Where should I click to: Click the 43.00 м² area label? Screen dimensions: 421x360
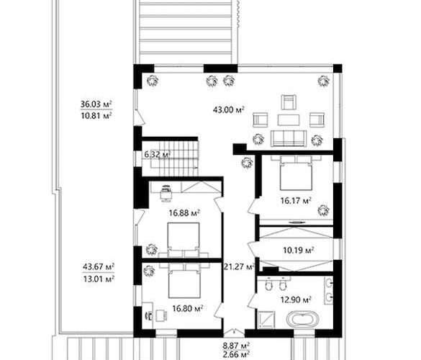point(228,109)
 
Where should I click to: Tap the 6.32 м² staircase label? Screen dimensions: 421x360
point(158,155)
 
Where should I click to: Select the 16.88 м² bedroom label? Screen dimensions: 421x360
point(184,213)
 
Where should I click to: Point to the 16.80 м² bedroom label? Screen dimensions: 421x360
point(187,308)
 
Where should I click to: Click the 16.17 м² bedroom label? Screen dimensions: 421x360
point(296,200)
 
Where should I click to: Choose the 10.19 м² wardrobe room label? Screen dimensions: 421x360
point(299,251)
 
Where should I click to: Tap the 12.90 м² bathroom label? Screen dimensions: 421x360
point(296,300)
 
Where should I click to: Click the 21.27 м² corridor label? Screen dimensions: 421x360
point(239,266)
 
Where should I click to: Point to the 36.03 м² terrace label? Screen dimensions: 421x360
point(96,104)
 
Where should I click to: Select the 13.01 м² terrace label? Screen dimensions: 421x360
point(99,279)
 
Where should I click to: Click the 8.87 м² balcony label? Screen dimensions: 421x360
point(236,345)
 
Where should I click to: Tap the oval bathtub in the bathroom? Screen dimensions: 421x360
point(302,319)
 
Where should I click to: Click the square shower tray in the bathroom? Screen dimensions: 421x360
point(266,320)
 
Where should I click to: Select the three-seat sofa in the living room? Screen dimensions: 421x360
point(289,138)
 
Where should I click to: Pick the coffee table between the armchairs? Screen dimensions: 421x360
point(289,120)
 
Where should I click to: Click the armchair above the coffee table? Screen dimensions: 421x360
point(289,102)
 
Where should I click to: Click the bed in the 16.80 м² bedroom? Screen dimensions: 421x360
point(184,281)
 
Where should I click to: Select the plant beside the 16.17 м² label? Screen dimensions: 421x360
point(323,210)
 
